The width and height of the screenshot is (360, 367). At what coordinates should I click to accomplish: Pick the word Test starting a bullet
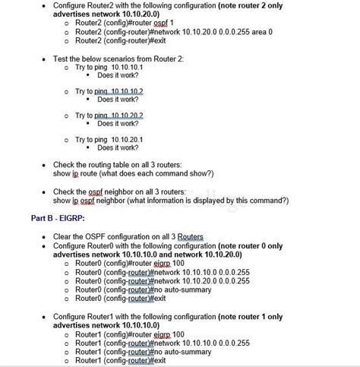[x=62, y=58]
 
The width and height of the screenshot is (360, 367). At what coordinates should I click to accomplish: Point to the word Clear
[x=63, y=236]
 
